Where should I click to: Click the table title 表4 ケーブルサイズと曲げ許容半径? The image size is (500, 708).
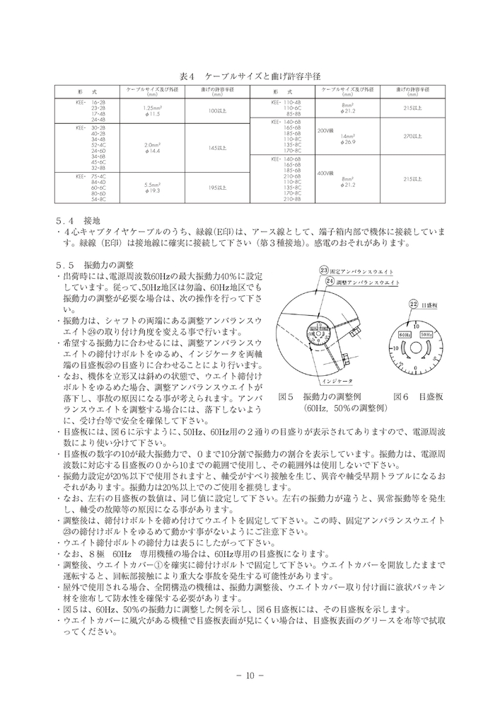click(x=249, y=76)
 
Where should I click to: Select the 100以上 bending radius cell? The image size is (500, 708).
click(x=217, y=110)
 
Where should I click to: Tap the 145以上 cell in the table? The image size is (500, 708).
click(x=217, y=148)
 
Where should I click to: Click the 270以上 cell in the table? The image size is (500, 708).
click(x=412, y=135)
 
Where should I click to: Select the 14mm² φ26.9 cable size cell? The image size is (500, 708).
click(x=350, y=139)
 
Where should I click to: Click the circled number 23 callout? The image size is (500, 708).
click(x=325, y=270)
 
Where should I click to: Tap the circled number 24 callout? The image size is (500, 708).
click(x=330, y=281)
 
